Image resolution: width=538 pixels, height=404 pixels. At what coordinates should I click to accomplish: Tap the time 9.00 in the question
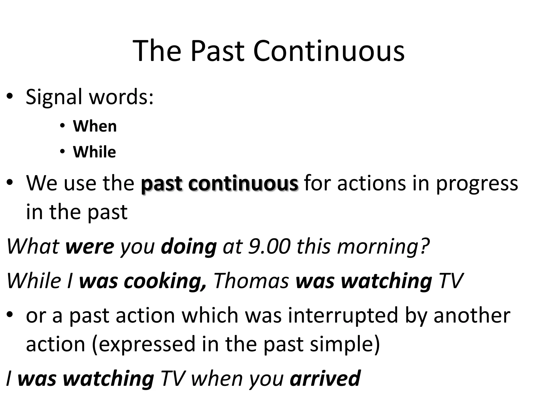click(x=270, y=246)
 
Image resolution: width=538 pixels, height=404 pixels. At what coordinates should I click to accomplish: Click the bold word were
click(x=90, y=246)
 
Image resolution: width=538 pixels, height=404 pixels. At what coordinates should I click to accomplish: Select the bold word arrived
click(x=325, y=378)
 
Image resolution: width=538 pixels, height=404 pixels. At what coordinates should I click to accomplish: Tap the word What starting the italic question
click(x=33, y=246)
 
